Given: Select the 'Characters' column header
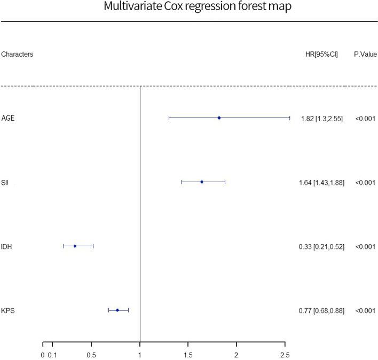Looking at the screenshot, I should coord(17,54).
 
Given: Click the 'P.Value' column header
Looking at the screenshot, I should coord(365,54).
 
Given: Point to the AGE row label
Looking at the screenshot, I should coord(8,118).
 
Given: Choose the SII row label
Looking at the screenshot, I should coord(5,182).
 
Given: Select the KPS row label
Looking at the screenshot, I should coord(7,310).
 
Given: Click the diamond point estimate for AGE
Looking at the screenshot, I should coord(219,118).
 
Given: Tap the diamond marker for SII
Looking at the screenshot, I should coord(202,182).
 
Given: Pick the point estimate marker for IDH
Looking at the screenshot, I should coord(75,246).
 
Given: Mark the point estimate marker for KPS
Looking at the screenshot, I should coord(117,310).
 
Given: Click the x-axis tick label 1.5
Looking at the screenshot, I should coord(188,355).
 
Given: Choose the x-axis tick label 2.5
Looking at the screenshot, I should coord(285,355).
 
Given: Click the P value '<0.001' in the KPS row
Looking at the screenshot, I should coord(365,310).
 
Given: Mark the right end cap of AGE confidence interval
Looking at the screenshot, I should coord(289,118).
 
